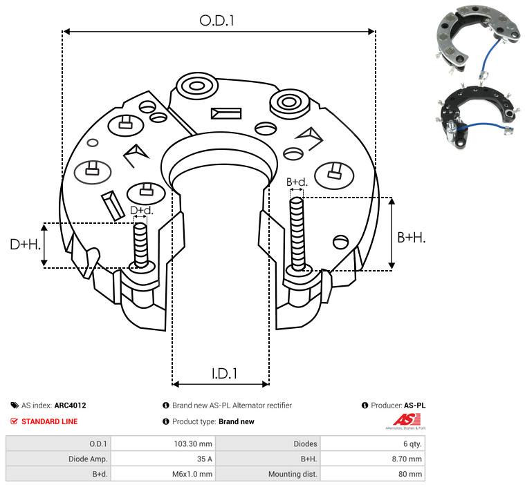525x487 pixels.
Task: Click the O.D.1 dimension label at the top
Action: point(217,21)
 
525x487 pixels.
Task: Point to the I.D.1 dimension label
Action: point(224,374)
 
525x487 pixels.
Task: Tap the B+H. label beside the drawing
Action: point(412,238)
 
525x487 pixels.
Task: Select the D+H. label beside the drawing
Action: point(26,245)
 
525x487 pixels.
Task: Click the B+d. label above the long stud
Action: point(297,182)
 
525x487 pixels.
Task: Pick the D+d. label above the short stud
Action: point(142,211)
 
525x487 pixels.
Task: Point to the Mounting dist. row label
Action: point(293,474)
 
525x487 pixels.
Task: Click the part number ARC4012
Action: point(71,405)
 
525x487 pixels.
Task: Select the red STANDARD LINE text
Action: point(50,421)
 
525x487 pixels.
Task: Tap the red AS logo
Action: point(407,419)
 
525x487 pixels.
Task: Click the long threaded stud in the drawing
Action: point(297,233)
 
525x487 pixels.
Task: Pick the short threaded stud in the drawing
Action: point(140,245)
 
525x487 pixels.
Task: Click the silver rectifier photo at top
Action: point(478,39)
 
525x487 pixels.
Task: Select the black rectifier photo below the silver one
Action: point(477,116)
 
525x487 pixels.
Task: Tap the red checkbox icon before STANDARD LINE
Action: point(14,421)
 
